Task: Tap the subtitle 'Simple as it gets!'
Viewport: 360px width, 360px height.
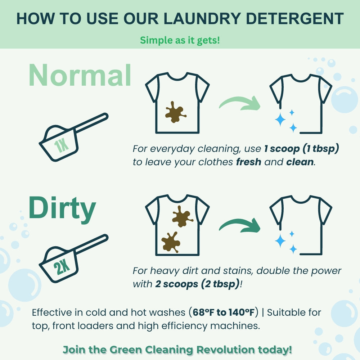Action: pyautogui.click(x=180, y=40)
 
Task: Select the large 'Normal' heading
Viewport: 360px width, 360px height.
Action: pyautogui.click(x=80, y=76)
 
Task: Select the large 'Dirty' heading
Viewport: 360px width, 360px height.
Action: pyautogui.click(x=62, y=209)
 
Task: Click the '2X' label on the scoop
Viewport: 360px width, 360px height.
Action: pyautogui.click(x=62, y=267)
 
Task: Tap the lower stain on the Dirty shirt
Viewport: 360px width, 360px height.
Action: pyautogui.click(x=171, y=242)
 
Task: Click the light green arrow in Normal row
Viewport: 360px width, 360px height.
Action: pyautogui.click(x=239, y=103)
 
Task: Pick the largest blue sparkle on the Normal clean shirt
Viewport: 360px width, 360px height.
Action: pyautogui.click(x=280, y=120)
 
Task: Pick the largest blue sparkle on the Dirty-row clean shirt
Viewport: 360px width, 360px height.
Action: pyautogui.click(x=280, y=241)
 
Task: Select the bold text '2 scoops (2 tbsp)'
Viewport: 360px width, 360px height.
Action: pyautogui.click(x=197, y=284)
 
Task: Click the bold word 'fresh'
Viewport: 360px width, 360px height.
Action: pyautogui.click(x=248, y=162)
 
